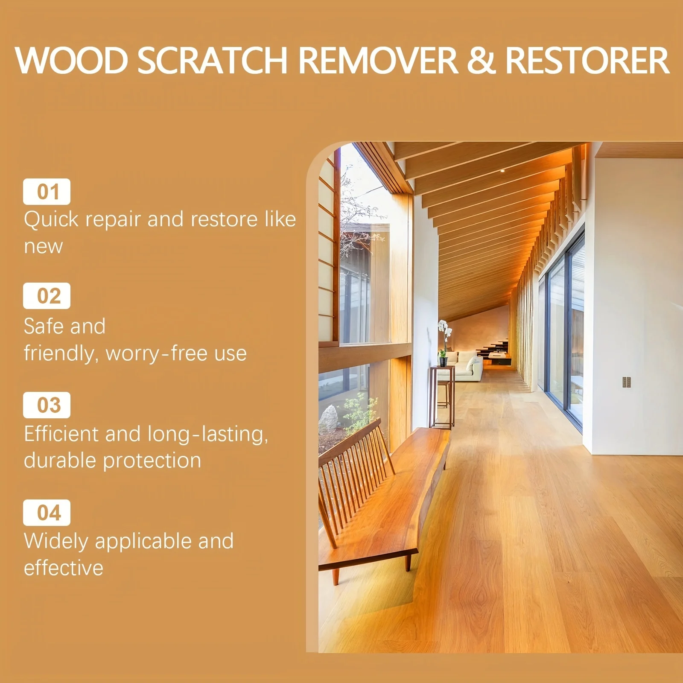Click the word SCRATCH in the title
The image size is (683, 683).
[213, 60]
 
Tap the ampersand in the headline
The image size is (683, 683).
[481, 60]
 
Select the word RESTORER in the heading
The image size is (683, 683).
[587, 60]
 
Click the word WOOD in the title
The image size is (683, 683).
[72, 60]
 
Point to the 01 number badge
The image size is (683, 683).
[47, 192]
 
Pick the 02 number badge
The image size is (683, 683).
[47, 296]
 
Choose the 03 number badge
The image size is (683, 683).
[47, 405]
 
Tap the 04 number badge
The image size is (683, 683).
[47, 513]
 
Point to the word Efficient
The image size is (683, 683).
[61, 434]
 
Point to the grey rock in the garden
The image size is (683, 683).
[329, 418]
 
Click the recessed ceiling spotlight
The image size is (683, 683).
[502, 171]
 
